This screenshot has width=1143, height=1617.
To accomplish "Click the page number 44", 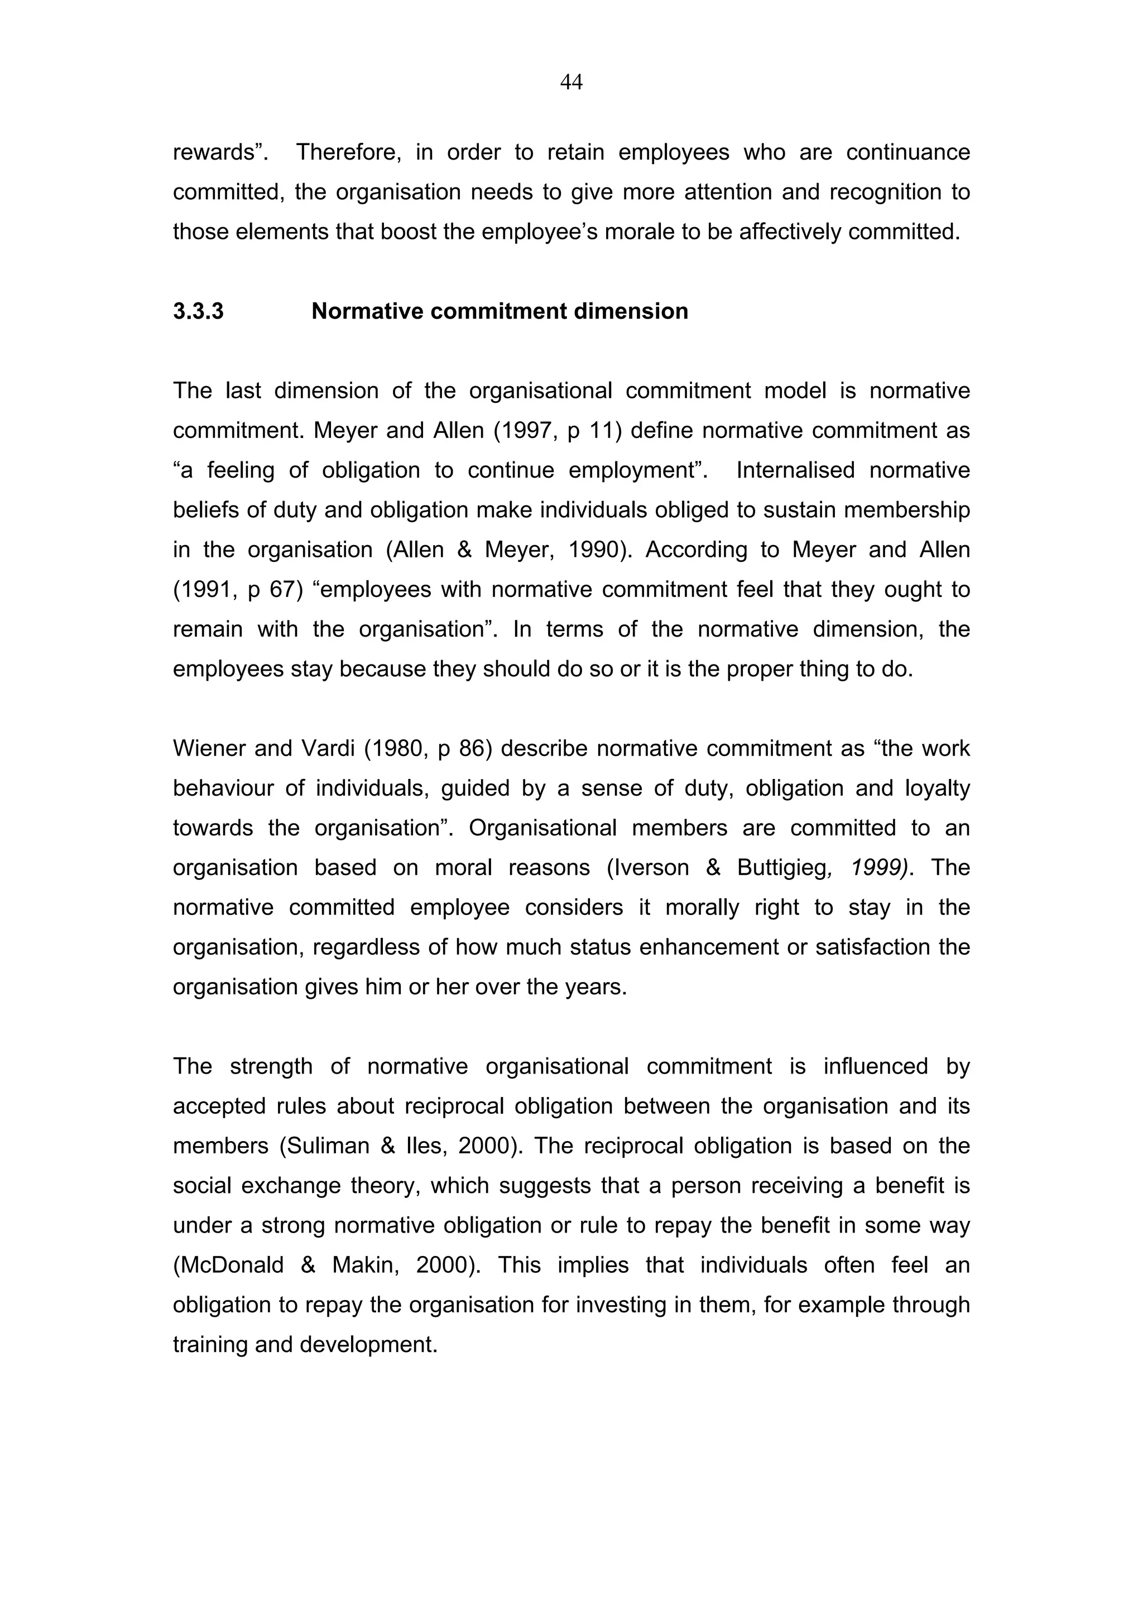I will point(571,83).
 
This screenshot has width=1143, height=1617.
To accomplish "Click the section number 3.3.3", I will point(198,311).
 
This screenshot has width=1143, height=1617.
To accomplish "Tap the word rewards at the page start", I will point(217,152).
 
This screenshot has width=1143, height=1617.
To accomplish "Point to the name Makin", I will point(364,1265).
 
